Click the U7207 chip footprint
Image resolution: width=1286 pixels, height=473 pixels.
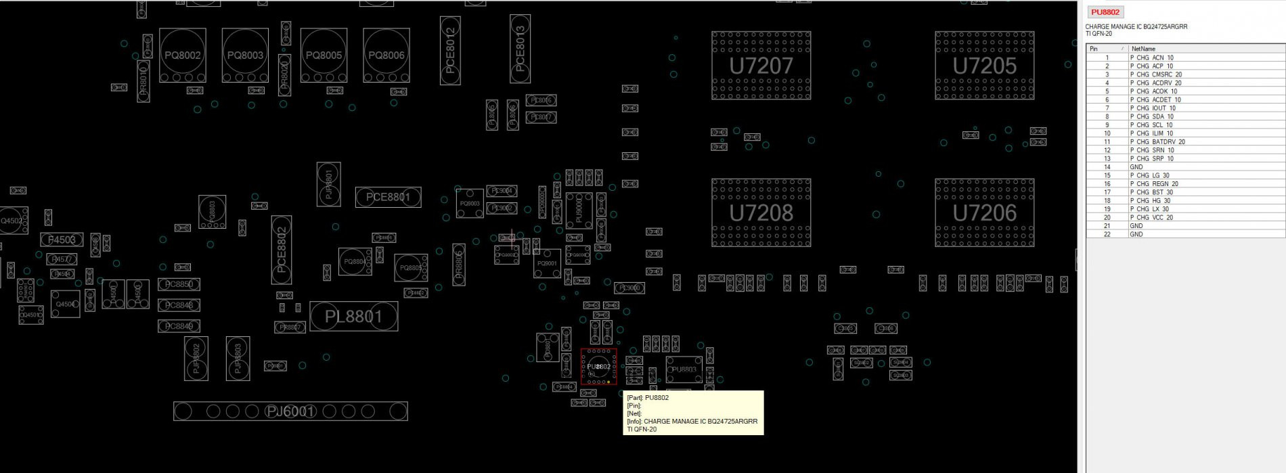(x=761, y=66)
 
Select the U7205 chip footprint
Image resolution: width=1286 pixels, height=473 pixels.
(x=984, y=66)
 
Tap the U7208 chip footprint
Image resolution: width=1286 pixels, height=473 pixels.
(x=761, y=212)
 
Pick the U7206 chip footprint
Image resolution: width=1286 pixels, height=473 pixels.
(x=984, y=212)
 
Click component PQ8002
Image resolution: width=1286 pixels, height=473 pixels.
(x=182, y=55)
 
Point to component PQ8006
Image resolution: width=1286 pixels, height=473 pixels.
(x=386, y=55)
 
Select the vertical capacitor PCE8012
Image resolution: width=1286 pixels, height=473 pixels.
(x=450, y=51)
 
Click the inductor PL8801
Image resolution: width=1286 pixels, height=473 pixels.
(x=353, y=316)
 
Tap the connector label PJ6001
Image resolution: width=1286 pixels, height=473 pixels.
(x=290, y=411)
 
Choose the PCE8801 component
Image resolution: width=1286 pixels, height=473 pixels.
(x=388, y=197)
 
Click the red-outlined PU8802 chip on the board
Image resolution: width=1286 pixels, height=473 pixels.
(x=598, y=367)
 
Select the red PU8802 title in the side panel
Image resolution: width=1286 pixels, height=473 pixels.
(x=1105, y=12)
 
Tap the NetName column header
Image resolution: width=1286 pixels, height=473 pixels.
(x=1144, y=49)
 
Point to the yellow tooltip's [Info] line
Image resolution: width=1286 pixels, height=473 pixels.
(x=692, y=421)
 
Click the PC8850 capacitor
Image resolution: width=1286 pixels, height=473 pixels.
(x=179, y=284)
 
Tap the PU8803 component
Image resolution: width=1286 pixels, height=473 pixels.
(x=684, y=369)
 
